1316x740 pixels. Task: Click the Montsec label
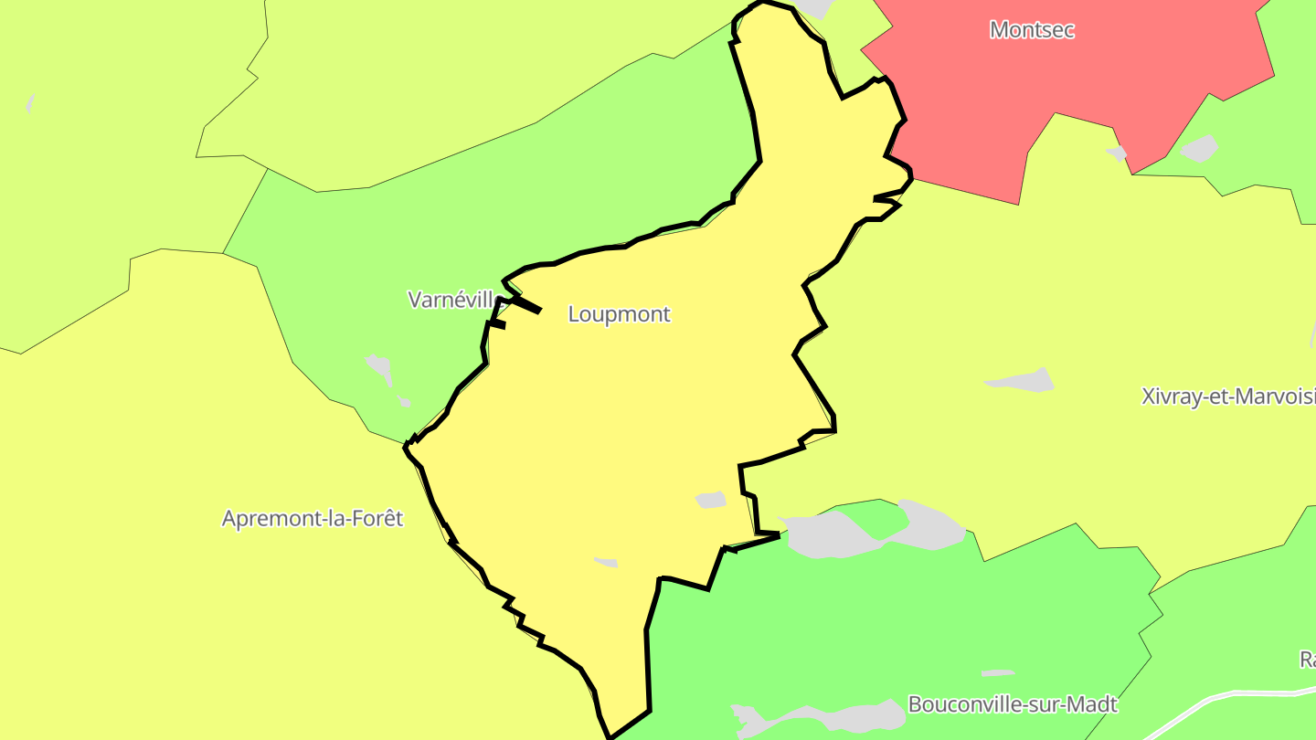point(1032,30)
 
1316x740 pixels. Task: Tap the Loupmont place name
point(619,314)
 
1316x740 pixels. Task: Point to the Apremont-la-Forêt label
point(313,519)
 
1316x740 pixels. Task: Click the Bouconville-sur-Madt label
point(1012,704)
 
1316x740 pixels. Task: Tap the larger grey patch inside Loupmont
point(710,500)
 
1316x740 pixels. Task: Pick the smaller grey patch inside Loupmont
point(606,562)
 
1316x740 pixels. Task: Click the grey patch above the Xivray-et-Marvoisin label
point(1021,380)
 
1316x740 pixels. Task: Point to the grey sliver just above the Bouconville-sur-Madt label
point(997,673)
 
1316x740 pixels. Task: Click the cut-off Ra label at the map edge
point(1307,660)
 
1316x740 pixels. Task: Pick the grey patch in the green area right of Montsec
point(1199,148)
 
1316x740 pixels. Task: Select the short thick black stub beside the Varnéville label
point(525,304)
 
